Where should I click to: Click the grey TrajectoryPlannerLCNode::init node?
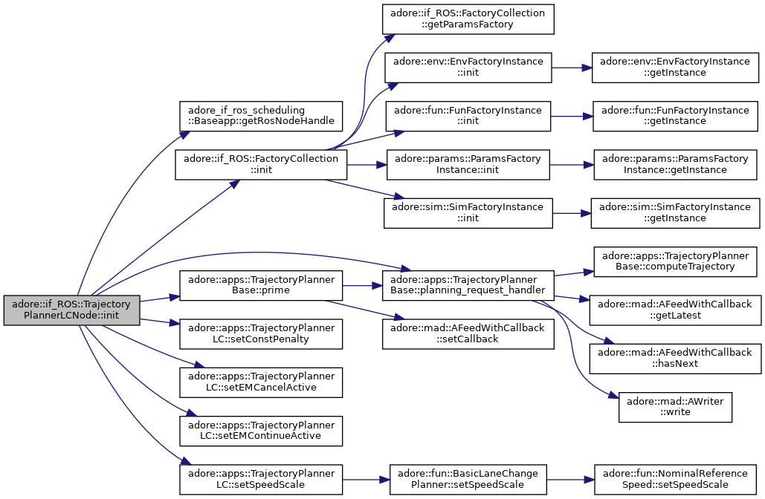click(x=71, y=310)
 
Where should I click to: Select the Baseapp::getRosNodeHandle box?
click(x=261, y=116)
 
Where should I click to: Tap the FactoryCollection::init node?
click(x=261, y=165)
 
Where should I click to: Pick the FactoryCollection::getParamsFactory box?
click(x=468, y=19)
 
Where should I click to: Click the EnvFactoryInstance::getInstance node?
click(x=675, y=68)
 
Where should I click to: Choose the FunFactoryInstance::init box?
click(x=468, y=116)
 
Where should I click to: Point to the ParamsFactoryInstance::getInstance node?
click(x=675, y=165)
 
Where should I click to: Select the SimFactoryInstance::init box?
click(x=468, y=213)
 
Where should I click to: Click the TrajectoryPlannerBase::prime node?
click(x=261, y=286)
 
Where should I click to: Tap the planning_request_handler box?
click(x=468, y=286)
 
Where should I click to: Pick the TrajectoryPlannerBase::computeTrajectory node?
click(x=675, y=261)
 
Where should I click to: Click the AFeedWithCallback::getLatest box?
click(x=675, y=310)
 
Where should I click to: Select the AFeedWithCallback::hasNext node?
click(x=675, y=358)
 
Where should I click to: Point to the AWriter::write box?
click(x=675, y=407)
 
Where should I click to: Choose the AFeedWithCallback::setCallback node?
click(x=468, y=334)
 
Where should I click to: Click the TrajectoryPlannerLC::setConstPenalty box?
click(x=261, y=334)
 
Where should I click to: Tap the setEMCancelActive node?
click(x=261, y=382)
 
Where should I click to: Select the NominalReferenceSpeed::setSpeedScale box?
click(x=675, y=480)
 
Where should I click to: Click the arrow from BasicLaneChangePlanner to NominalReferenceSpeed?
click(x=570, y=480)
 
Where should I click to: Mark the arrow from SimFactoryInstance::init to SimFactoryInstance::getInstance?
click(x=572, y=213)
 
